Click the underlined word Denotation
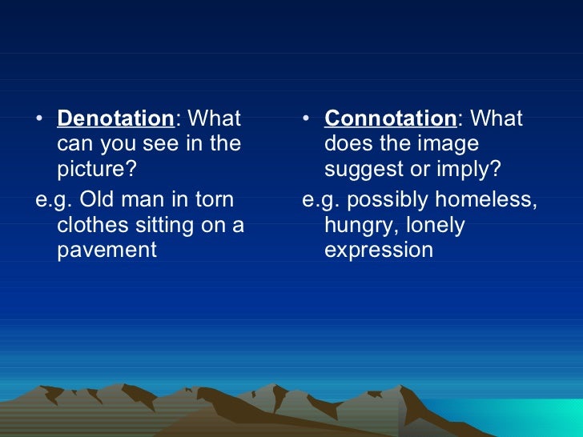(x=115, y=119)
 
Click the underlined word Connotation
(x=390, y=119)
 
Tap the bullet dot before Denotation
(x=41, y=120)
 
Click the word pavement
(x=107, y=251)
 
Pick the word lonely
(x=434, y=224)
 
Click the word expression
(x=378, y=251)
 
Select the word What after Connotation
(x=496, y=119)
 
